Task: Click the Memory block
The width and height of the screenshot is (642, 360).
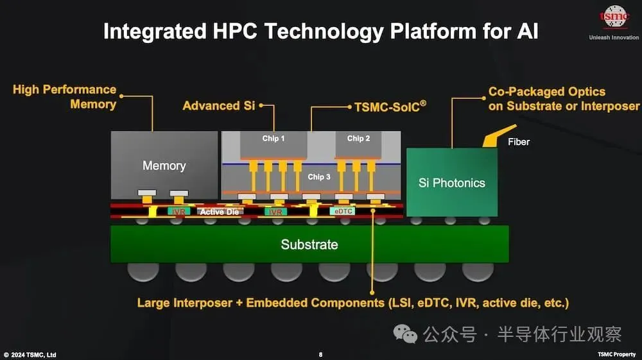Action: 164,165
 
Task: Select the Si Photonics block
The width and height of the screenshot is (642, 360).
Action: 452,182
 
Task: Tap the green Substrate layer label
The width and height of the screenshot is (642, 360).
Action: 309,244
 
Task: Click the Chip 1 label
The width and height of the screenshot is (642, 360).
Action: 273,138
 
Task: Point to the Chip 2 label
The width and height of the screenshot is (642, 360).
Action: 358,138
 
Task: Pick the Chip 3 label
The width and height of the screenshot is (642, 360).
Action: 319,176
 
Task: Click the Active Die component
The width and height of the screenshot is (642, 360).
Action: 220,212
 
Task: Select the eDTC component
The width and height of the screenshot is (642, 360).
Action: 343,211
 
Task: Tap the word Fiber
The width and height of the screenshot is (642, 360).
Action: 519,142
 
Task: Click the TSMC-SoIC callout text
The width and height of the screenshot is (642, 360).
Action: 390,107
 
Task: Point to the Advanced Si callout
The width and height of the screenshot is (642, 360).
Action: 219,105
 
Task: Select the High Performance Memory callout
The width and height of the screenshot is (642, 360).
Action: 65,97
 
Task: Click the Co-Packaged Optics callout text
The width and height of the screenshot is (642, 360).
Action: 564,99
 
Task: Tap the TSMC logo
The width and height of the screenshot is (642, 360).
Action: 614,17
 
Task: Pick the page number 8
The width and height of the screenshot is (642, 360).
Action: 320,355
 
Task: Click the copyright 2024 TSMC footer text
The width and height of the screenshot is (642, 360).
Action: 30,355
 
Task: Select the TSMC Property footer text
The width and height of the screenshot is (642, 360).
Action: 616,354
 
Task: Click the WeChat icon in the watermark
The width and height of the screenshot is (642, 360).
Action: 405,334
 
